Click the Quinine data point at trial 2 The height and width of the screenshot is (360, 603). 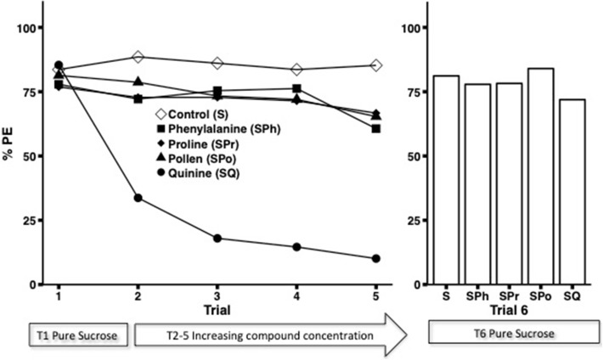pos(138,198)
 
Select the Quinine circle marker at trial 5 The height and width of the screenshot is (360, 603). pos(376,258)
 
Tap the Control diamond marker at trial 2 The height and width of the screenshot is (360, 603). pos(138,57)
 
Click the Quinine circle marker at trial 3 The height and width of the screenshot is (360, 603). pos(217,239)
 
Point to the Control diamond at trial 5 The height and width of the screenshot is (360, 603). pos(376,65)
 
